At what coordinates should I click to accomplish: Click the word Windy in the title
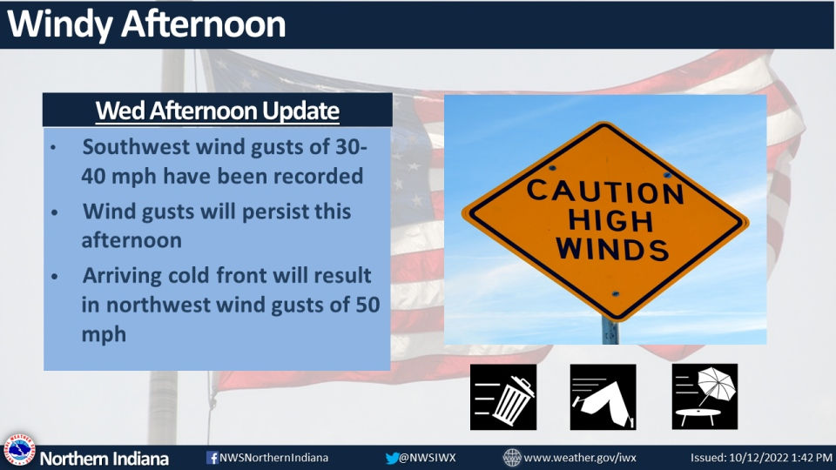click(60, 24)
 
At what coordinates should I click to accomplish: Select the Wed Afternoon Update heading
click(218, 111)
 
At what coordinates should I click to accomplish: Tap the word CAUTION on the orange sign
click(605, 191)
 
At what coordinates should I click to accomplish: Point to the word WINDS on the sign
click(612, 248)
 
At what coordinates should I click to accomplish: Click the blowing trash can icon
click(503, 397)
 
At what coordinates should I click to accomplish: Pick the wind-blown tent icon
click(603, 397)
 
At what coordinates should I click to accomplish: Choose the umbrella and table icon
click(705, 397)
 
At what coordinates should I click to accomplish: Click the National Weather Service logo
click(18, 450)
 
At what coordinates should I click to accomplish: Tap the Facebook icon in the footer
click(212, 458)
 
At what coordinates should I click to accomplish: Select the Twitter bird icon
click(392, 458)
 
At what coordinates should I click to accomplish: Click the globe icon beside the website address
click(512, 458)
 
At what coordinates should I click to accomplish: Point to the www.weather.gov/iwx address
click(580, 458)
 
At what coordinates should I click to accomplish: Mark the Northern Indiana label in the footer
click(104, 459)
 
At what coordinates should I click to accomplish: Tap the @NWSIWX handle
click(427, 458)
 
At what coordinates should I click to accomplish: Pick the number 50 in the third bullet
click(367, 305)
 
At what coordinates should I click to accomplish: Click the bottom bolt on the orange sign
click(615, 294)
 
